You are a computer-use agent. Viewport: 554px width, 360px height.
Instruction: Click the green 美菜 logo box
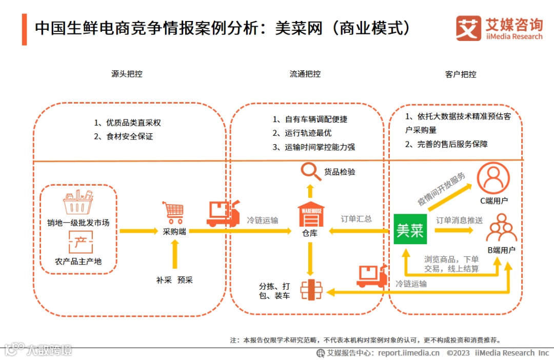pos(410,229)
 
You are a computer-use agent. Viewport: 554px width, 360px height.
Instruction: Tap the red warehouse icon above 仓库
pos(311,215)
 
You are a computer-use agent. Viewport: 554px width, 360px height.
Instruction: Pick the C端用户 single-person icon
pos(493,177)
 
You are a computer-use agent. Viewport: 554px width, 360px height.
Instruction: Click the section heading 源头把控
pos(127,74)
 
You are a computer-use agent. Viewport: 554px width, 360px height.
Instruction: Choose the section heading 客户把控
pos(461,74)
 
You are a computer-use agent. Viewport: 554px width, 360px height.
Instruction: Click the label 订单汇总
pos(356,219)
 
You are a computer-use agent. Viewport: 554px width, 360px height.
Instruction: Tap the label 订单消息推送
pos(459,221)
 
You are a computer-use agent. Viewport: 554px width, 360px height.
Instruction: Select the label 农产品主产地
pos(78,261)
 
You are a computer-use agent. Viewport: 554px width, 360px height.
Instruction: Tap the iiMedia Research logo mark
pos(468,28)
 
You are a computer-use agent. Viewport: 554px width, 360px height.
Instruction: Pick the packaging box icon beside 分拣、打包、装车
pos(311,290)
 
